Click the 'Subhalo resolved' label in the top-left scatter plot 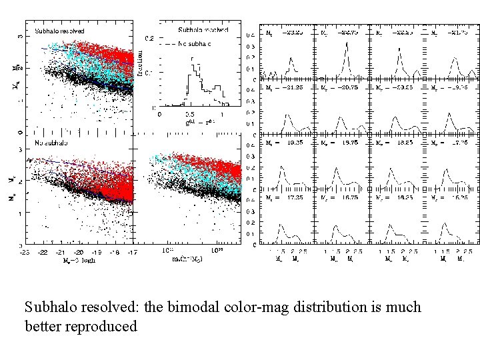59,31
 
